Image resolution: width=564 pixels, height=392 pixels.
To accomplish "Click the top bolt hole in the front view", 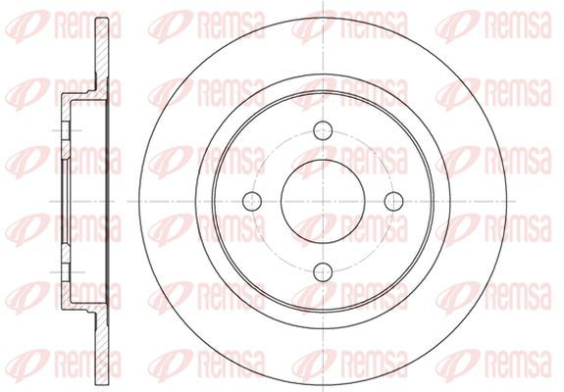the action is pyautogui.click(x=323, y=130).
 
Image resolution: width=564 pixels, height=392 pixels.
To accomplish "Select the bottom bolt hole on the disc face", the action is pyautogui.click(x=323, y=272).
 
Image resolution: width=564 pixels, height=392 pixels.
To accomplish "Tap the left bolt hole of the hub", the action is pyautogui.click(x=252, y=201).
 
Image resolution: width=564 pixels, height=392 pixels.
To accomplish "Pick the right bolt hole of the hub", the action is pyautogui.click(x=394, y=201).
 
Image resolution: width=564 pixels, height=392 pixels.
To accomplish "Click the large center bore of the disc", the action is pyautogui.click(x=323, y=201).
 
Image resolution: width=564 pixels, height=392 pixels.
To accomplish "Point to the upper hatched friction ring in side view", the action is pyautogui.click(x=102, y=54).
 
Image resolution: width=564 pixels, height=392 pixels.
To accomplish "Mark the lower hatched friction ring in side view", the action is pyautogui.click(x=102, y=348).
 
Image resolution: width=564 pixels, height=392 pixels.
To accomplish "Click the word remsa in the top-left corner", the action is pyautogui.click(x=87, y=24).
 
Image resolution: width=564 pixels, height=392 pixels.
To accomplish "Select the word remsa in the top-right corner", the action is pyautogui.click(x=518, y=24).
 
